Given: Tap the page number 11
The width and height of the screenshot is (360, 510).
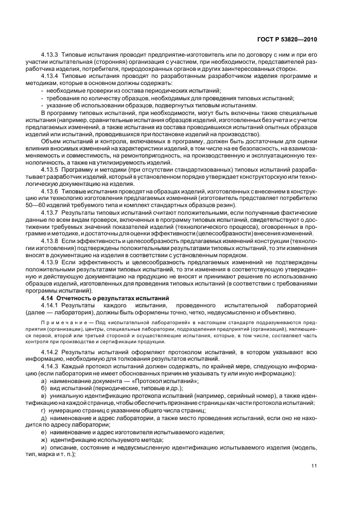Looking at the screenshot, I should (x=314, y=465).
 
